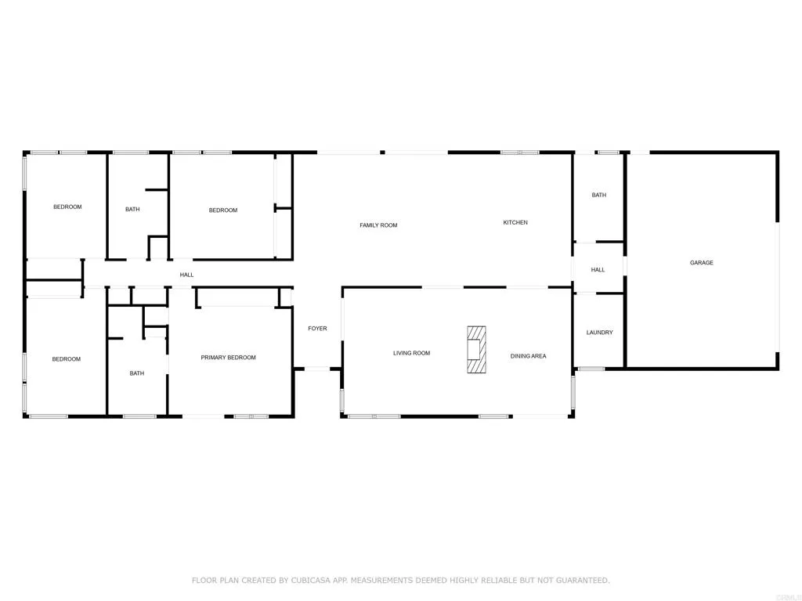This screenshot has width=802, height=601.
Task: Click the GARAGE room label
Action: point(701,263)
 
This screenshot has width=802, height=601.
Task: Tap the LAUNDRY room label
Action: point(599,333)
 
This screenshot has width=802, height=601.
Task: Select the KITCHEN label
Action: point(515,223)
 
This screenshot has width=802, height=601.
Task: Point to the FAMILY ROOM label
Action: point(378,225)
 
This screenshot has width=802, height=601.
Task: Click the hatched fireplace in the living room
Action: point(475,351)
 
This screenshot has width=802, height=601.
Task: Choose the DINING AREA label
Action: point(528,356)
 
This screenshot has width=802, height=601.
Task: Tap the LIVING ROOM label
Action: point(411,353)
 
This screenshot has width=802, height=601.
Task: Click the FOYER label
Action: point(317,329)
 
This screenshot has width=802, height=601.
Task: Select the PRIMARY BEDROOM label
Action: point(228,358)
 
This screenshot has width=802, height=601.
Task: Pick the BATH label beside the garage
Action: point(598,195)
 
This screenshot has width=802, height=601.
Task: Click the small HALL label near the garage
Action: point(598,270)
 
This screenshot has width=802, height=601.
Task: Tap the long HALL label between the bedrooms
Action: point(186,275)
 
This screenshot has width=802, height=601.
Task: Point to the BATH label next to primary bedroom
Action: point(137,373)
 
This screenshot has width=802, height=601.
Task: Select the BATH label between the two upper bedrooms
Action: point(132,209)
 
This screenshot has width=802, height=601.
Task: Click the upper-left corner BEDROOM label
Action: point(67,207)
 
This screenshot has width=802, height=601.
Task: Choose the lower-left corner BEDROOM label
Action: point(67,359)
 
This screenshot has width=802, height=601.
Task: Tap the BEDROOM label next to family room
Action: point(222,210)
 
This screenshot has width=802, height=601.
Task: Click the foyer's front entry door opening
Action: point(317,368)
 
